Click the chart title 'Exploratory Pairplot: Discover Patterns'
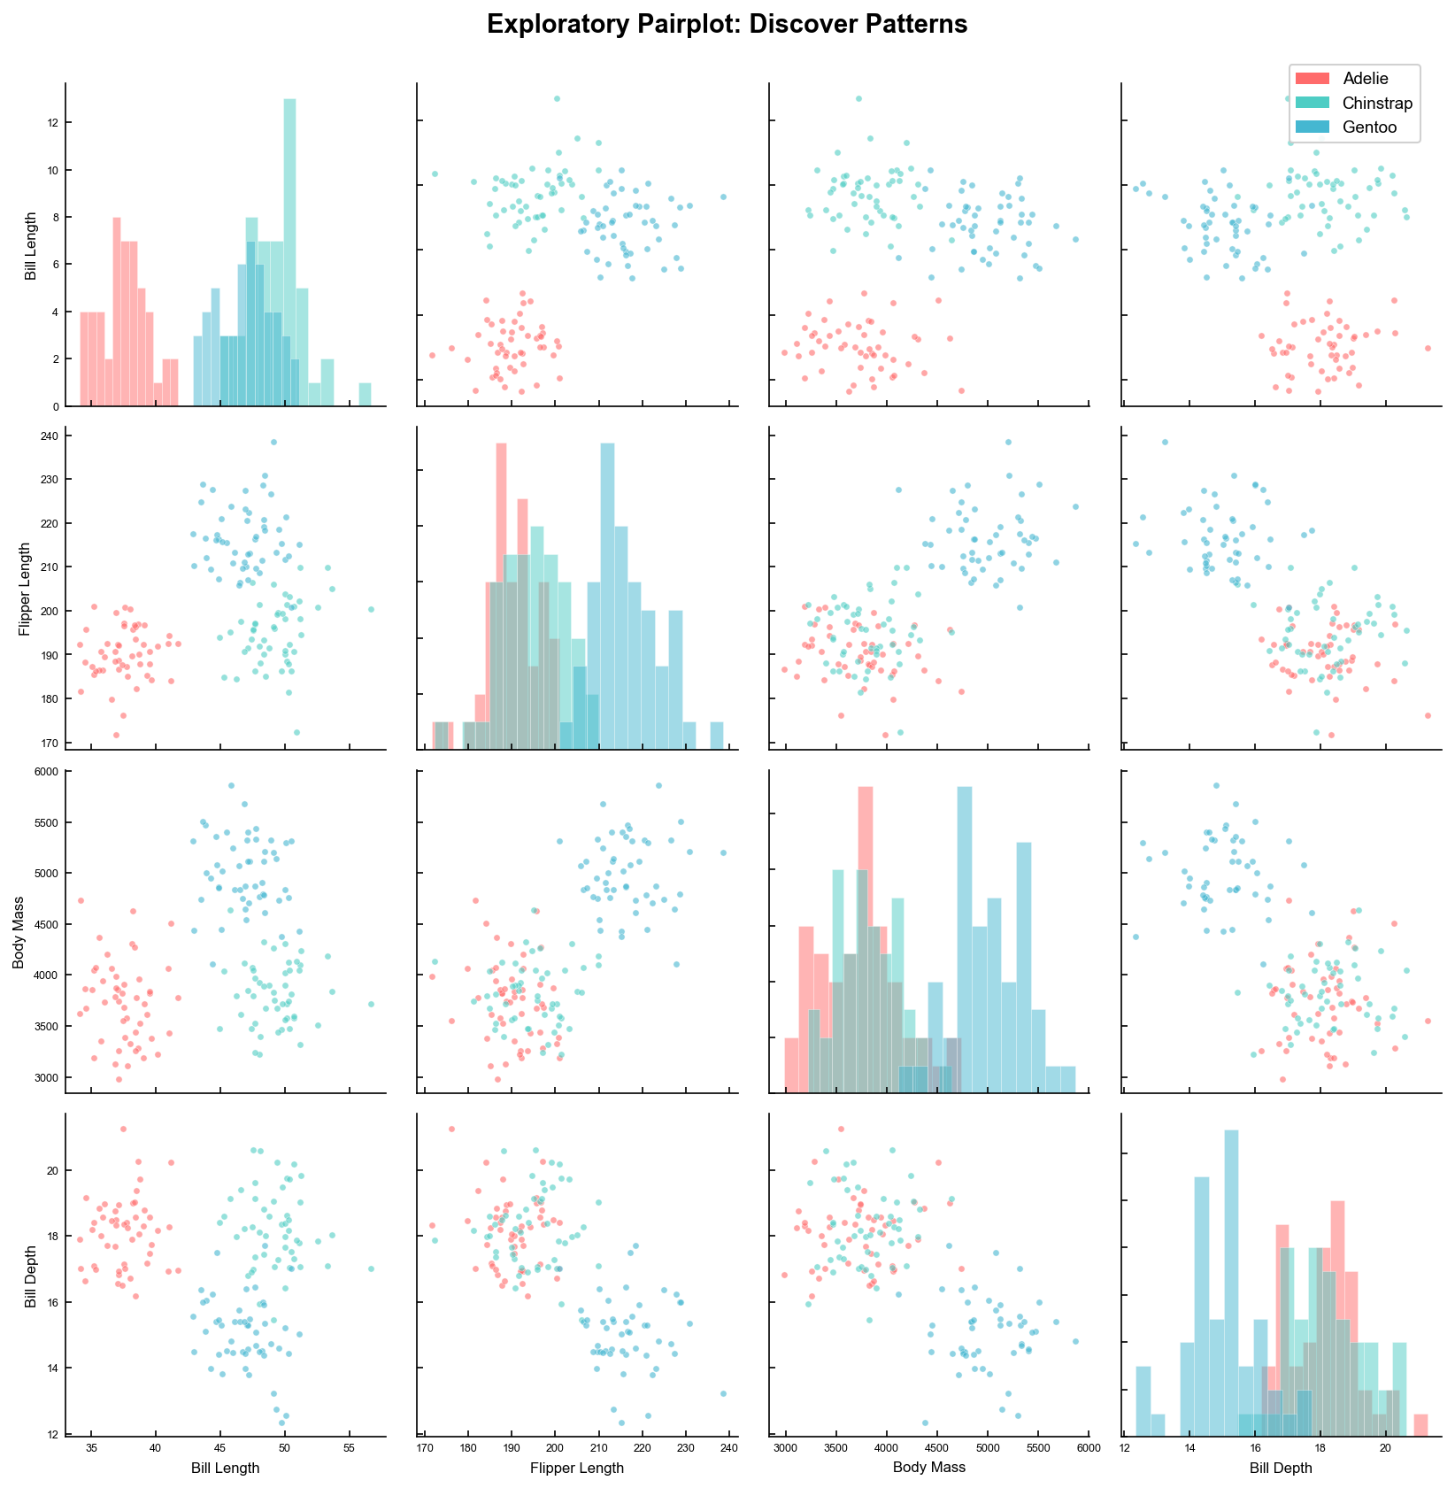pyautogui.click(x=727, y=25)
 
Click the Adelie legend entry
pyautogui.click(x=1365, y=79)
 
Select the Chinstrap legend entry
pyautogui.click(x=1377, y=104)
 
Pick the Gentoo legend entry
pyautogui.click(x=1369, y=127)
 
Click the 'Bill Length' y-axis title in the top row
pyautogui.click(x=30, y=246)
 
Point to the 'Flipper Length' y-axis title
pyautogui.click(x=25, y=589)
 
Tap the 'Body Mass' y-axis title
pyautogui.click(x=19, y=932)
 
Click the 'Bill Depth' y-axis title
pyautogui.click(x=30, y=1275)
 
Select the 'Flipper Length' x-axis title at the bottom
pyautogui.click(x=576, y=1468)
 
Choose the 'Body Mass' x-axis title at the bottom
pyautogui.click(x=928, y=1467)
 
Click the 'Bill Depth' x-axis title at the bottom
pyautogui.click(x=1281, y=1468)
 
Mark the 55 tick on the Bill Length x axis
pyautogui.click(x=349, y=1449)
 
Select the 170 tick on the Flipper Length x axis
pyautogui.click(x=425, y=1449)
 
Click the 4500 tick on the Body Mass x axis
pyautogui.click(x=938, y=1449)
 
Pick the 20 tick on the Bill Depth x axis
pyautogui.click(x=1386, y=1449)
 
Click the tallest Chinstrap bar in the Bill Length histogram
pyautogui.click(x=289, y=252)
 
